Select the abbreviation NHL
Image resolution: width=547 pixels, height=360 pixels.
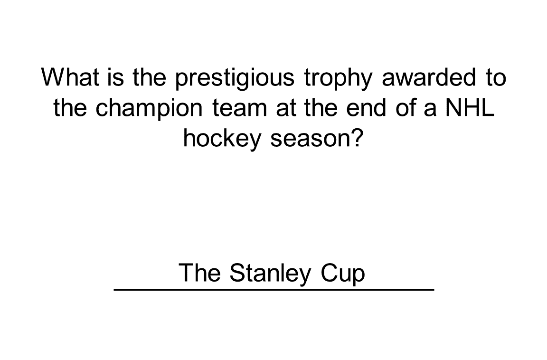[x=469, y=108]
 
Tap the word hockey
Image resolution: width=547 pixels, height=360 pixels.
[x=223, y=140]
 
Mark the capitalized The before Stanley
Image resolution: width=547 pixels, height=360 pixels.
[x=200, y=273]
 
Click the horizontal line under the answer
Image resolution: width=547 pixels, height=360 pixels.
[x=274, y=289]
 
